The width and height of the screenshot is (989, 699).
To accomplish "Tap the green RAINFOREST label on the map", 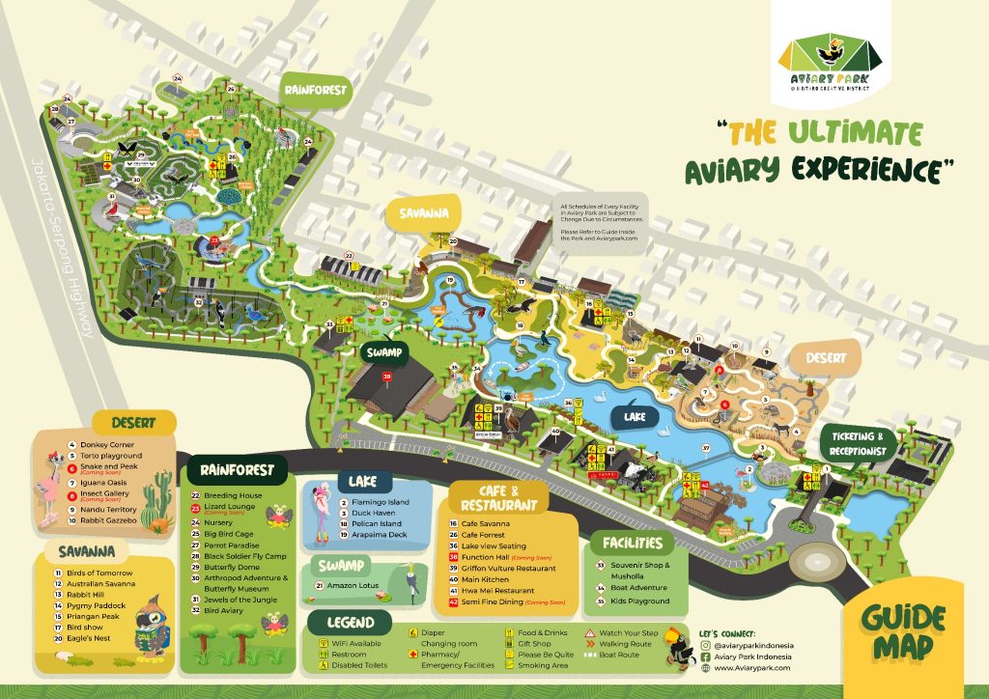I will coord(314,90).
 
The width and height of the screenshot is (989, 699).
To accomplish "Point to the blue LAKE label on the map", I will coord(635,417).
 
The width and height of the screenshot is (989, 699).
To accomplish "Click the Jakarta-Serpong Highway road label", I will coord(60,246).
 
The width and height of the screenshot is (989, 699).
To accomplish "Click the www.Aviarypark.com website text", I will coord(752,667).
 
